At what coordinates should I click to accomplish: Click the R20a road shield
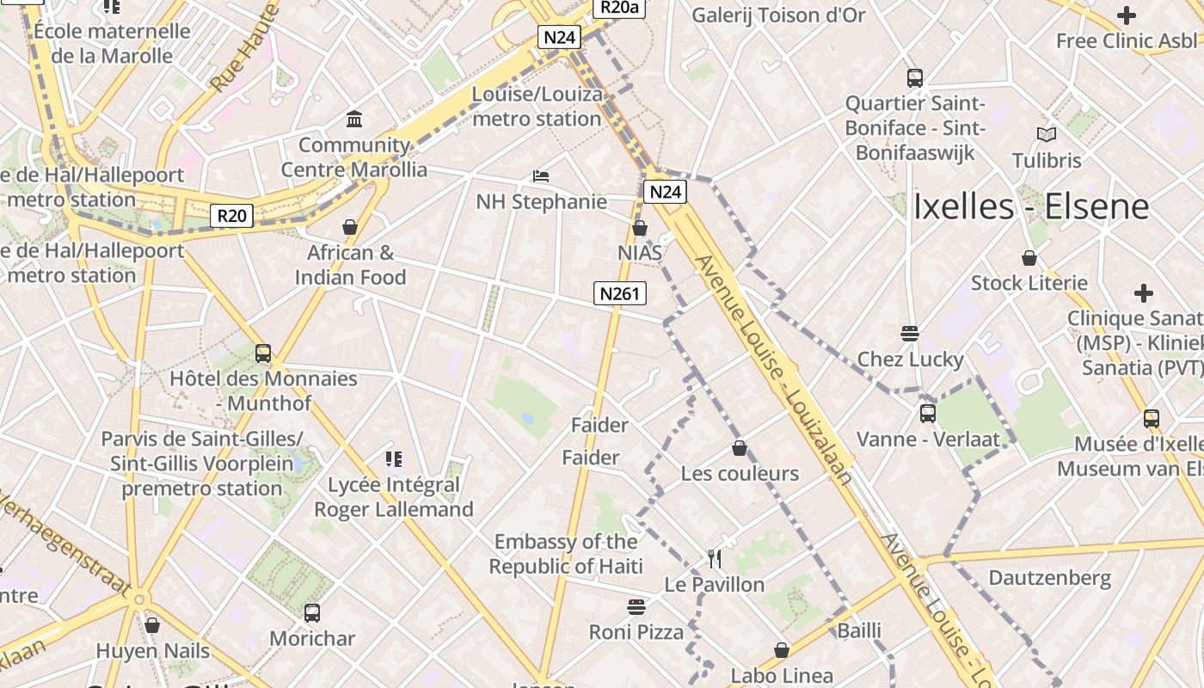[x=619, y=8]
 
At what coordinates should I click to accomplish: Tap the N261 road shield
[x=619, y=294]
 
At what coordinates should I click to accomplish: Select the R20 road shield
[x=232, y=215]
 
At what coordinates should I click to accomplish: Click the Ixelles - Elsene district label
[x=1031, y=206]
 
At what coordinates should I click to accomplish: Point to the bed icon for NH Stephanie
[x=540, y=176]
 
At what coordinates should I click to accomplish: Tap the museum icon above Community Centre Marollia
[x=353, y=119]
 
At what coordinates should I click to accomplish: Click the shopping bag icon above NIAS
[x=639, y=228]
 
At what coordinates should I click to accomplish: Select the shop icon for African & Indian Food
[x=350, y=227]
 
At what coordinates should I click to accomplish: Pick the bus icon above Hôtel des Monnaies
[x=263, y=353]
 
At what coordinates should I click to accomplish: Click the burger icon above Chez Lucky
[x=910, y=334]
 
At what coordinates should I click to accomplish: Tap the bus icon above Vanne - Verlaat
[x=927, y=414]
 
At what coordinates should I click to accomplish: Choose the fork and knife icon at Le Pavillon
[x=715, y=559]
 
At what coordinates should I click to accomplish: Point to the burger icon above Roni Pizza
[x=636, y=607]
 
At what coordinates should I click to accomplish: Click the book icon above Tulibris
[x=1046, y=135]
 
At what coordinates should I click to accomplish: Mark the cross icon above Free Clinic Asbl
[x=1126, y=15]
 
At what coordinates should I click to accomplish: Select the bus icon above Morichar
[x=312, y=613]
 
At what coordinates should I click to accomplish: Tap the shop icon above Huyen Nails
[x=152, y=625]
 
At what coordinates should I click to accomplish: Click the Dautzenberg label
[x=1049, y=578]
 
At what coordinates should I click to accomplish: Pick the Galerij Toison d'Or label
[x=778, y=15]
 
